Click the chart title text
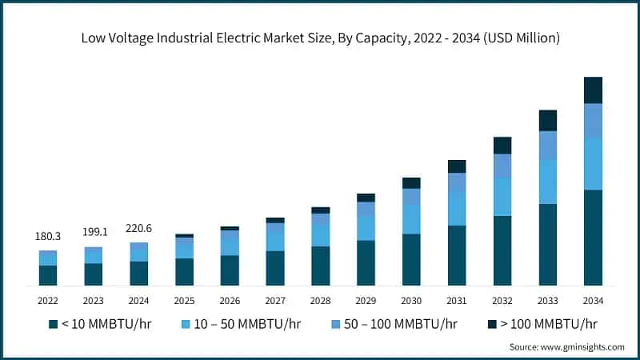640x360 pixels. (320, 38)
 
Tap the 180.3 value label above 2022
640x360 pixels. (48, 237)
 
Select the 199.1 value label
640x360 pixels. (94, 233)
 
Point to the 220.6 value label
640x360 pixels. (139, 228)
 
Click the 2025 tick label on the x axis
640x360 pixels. (184, 301)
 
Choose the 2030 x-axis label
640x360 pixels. (411, 301)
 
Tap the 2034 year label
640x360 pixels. (593, 301)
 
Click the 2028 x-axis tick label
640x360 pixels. (320, 301)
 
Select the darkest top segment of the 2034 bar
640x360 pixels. (593, 90)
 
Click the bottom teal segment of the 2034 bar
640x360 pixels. (593, 238)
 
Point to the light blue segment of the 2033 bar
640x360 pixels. (547, 182)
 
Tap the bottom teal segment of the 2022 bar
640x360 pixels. (48, 275)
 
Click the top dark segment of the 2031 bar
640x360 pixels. (457, 166)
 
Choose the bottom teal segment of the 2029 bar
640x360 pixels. (366, 263)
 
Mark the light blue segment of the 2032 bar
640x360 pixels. (502, 197)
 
